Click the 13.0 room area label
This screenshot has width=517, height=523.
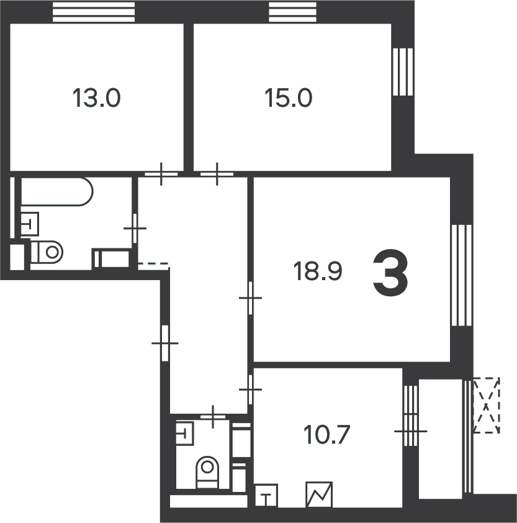(x=96, y=98)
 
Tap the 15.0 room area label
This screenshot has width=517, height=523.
(x=289, y=98)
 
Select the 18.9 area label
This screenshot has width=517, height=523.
(x=318, y=271)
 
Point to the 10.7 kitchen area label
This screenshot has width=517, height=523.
(x=326, y=435)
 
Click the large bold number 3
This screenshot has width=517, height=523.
(x=390, y=273)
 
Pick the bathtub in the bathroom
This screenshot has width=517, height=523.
(x=57, y=191)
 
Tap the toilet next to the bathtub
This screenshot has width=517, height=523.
(x=47, y=252)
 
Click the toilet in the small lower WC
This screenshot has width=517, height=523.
(x=207, y=472)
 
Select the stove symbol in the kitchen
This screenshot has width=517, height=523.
(x=319, y=494)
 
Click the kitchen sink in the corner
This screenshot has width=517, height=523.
(x=266, y=496)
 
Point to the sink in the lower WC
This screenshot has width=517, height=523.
(x=185, y=433)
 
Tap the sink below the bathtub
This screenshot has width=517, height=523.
(x=30, y=224)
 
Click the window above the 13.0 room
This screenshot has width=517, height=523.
(x=94, y=12)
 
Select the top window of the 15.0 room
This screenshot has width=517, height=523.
(x=293, y=12)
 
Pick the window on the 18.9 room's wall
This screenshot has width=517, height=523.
(x=462, y=275)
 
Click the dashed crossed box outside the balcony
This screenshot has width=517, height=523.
(x=487, y=405)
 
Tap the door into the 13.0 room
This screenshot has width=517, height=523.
(x=161, y=174)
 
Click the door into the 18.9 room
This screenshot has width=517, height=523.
(x=250, y=298)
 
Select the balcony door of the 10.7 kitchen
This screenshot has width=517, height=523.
(x=410, y=431)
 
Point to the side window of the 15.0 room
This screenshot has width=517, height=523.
(x=403, y=72)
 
